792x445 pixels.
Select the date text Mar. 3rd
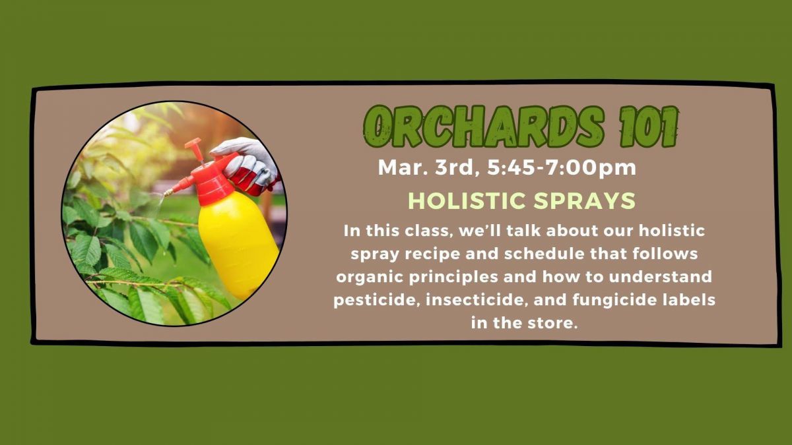pos(426,167)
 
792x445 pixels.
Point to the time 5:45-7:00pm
pos(562,168)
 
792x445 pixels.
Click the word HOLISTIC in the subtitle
pos(467,200)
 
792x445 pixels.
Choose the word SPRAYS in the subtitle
pos(585,200)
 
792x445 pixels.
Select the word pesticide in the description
pos(377,300)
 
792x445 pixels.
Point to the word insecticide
pos(477,300)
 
